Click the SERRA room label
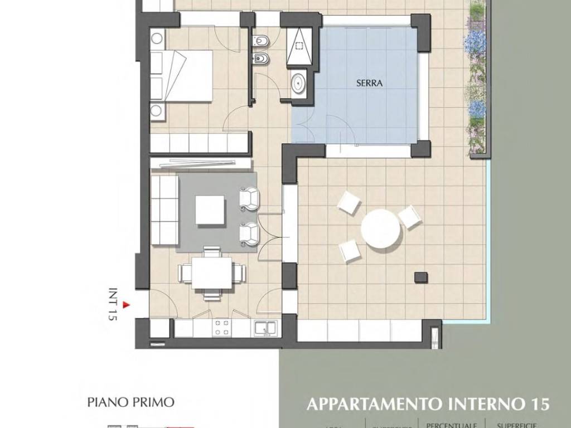coord(369,83)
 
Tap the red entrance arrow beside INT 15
coord(126,305)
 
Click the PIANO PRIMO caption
coord(131,402)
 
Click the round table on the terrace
coord(381,227)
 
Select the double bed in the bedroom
coord(182,76)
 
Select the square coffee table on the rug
coord(210,210)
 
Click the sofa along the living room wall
coord(164,210)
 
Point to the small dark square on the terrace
coord(420,277)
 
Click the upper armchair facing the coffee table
coord(249,199)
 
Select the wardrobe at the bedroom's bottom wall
coord(199,142)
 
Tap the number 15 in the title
coord(539,403)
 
